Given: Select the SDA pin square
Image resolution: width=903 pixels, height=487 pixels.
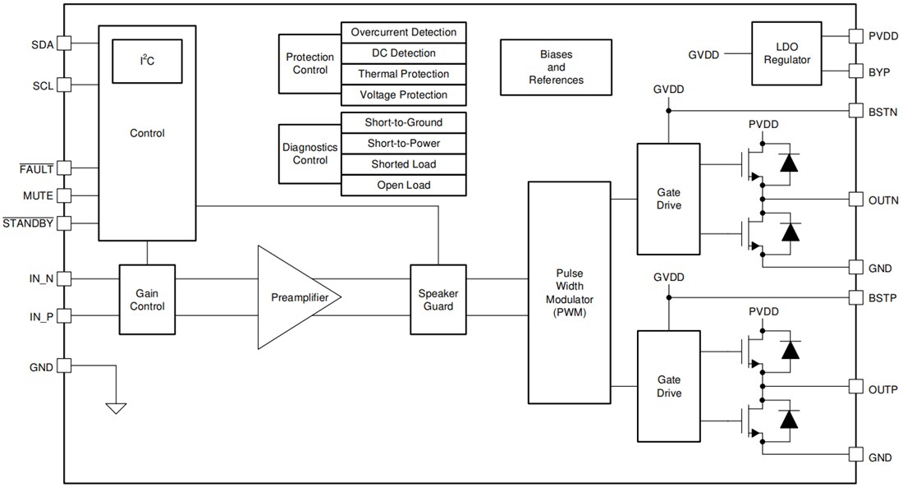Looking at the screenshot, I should click(64, 44).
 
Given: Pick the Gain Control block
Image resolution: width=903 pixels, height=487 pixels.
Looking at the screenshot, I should click(147, 299).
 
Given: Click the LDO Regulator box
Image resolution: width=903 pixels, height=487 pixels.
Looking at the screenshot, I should click(786, 53).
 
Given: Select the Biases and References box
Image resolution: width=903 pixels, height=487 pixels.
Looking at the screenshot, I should click(556, 67).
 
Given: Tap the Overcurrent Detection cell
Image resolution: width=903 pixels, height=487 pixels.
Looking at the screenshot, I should click(403, 33).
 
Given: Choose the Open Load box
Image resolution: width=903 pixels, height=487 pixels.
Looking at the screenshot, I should click(403, 186).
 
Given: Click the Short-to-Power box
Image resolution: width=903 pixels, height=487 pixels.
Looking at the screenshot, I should click(403, 144).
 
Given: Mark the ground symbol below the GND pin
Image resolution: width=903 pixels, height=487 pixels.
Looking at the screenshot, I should click(117, 407).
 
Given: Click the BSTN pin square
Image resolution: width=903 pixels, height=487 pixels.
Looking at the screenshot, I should click(855, 110).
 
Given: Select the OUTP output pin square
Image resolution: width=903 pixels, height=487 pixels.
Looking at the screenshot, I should click(855, 387).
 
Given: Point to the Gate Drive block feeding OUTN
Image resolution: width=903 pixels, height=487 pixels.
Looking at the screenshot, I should click(669, 199).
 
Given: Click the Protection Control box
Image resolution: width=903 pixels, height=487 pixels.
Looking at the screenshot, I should click(309, 64).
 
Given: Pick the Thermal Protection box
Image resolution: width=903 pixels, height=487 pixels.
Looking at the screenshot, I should click(403, 75).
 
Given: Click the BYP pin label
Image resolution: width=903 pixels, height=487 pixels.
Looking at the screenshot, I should click(878, 71).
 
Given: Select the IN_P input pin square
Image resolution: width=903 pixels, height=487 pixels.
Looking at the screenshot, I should click(64, 316).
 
